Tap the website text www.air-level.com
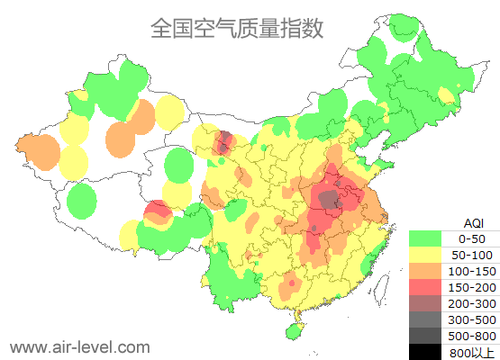tap(79, 346)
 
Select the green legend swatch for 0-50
tap(429, 238)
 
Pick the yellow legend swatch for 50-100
tap(429, 255)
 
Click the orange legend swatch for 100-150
tap(429, 271)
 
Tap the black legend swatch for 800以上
tap(429, 352)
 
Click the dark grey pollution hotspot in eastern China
tap(331, 199)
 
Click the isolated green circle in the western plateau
tap(81, 200)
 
